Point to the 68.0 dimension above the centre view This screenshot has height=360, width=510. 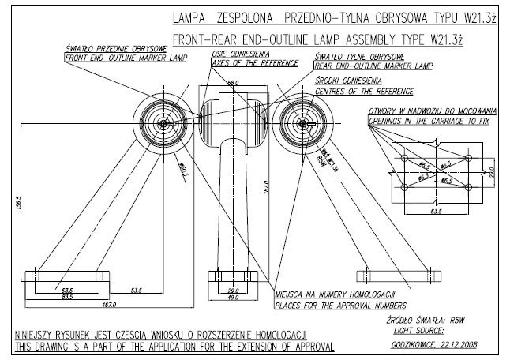(233, 81)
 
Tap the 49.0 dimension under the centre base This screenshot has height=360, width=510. (234, 297)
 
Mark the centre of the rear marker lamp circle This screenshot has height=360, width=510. (302, 124)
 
